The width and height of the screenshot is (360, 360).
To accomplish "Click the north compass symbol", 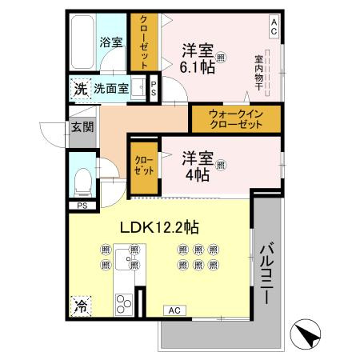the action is tap(305, 334).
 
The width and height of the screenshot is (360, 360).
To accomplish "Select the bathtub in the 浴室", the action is tap(82, 42).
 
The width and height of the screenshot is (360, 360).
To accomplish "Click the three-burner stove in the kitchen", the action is tap(124, 305).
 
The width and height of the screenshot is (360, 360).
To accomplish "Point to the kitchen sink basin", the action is tap(126, 259).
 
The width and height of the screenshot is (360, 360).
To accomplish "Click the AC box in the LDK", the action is tap(174, 310).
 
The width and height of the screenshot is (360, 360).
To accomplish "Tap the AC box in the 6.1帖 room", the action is tap(274, 27).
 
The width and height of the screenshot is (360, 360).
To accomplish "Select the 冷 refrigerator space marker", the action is tap(81, 306).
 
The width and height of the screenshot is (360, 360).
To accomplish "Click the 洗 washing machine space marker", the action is tap(81, 89).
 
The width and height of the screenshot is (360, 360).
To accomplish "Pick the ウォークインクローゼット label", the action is tap(236, 119).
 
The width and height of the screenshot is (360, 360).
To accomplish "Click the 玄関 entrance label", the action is tap(82, 127).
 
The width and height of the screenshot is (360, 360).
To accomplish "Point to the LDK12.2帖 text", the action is tap(159, 228).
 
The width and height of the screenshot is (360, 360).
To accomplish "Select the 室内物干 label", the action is tap(258, 73).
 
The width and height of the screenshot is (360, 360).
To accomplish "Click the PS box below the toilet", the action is tap(82, 206).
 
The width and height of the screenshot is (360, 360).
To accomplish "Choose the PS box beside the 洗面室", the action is tap(154, 89).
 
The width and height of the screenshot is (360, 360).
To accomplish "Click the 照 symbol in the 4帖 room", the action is tap(221, 165).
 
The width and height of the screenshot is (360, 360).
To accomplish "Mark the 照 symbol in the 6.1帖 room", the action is tap(221, 57).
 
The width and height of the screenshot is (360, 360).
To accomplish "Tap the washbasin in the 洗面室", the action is tap(138, 87).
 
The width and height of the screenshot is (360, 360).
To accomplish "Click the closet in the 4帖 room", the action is tap(144, 168).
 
